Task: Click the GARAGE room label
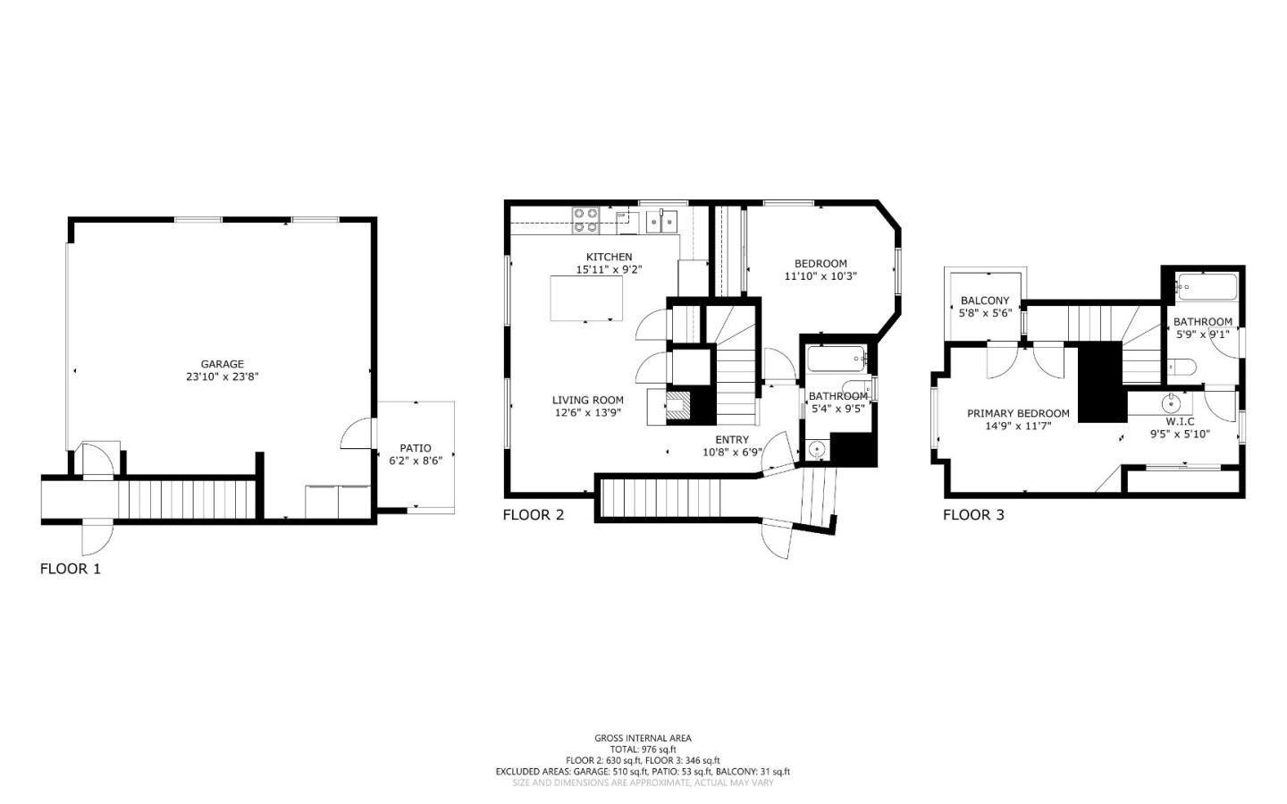[222, 364]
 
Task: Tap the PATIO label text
[415, 448]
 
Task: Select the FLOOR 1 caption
[71, 569]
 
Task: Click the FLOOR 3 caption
[973, 515]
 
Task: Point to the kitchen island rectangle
[586, 298]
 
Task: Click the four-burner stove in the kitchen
[585, 220]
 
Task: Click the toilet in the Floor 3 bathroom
[1182, 367]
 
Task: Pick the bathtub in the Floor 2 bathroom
[836, 360]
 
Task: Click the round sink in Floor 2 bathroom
[816, 450]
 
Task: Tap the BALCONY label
[985, 300]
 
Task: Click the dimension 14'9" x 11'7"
[1018, 427]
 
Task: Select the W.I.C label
[1180, 421]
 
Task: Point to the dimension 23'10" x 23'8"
[222, 377]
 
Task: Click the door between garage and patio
[356, 435]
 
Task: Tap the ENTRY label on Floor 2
[732, 439]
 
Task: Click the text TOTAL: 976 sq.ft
[643, 749]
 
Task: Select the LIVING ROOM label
[587, 400]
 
